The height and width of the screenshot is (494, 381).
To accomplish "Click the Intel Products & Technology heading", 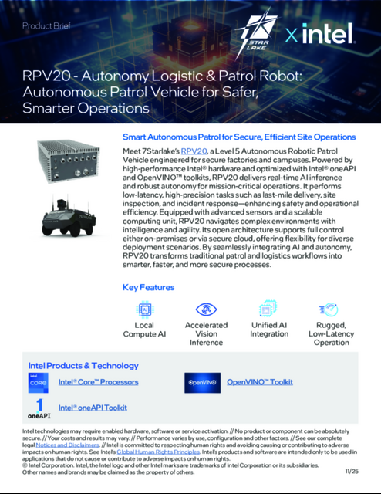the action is (x=83, y=365).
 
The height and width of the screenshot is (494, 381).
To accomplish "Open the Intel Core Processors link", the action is (x=99, y=382).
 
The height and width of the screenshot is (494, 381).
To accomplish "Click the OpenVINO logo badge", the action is (x=202, y=382).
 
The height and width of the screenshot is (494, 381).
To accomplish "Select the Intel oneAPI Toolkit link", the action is (x=93, y=407).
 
